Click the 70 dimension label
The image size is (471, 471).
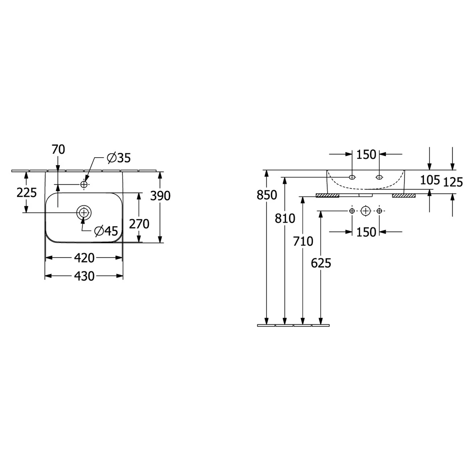point(58,149)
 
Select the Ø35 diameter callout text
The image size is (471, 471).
point(119,158)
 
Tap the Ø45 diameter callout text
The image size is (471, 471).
point(107,231)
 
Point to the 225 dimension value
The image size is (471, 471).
point(27,193)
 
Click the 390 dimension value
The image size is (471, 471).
point(160,196)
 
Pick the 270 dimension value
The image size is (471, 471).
point(139,224)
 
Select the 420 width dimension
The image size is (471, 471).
point(84,258)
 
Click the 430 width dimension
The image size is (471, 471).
point(84,276)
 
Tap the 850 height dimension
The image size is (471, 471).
point(267,195)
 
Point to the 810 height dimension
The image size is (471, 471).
point(285,218)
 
